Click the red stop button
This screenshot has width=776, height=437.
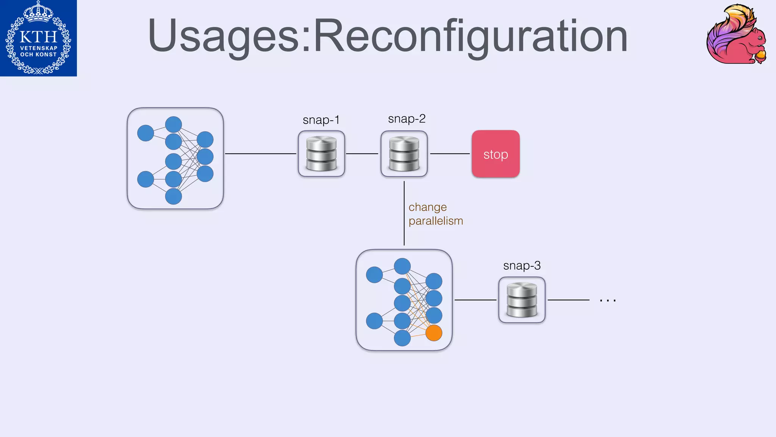pyautogui.click(x=495, y=154)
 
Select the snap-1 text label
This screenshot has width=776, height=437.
pyautogui.click(x=321, y=120)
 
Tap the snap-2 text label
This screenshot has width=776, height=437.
pyautogui.click(x=407, y=119)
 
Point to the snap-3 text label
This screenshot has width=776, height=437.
pyautogui.click(x=522, y=266)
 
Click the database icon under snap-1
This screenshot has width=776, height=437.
pyautogui.click(x=321, y=154)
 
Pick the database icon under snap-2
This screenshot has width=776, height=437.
pyautogui.click(x=404, y=154)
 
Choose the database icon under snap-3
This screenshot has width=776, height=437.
pyautogui.click(x=522, y=300)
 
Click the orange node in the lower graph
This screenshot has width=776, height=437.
pyautogui.click(x=434, y=333)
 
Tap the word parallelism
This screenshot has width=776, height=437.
pyautogui.click(x=436, y=221)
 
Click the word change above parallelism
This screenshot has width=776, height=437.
pyautogui.click(x=427, y=207)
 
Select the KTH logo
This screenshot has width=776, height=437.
pyautogui.click(x=38, y=38)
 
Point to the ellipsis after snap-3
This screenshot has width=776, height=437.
pyautogui.click(x=607, y=300)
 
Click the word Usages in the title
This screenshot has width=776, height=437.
pyautogui.click(x=228, y=36)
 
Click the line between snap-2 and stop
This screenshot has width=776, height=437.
pyautogui.click(x=450, y=154)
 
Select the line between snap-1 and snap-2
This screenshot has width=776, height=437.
pyautogui.click(x=362, y=154)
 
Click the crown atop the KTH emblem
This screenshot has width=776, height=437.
pyautogui.click(x=38, y=11)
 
